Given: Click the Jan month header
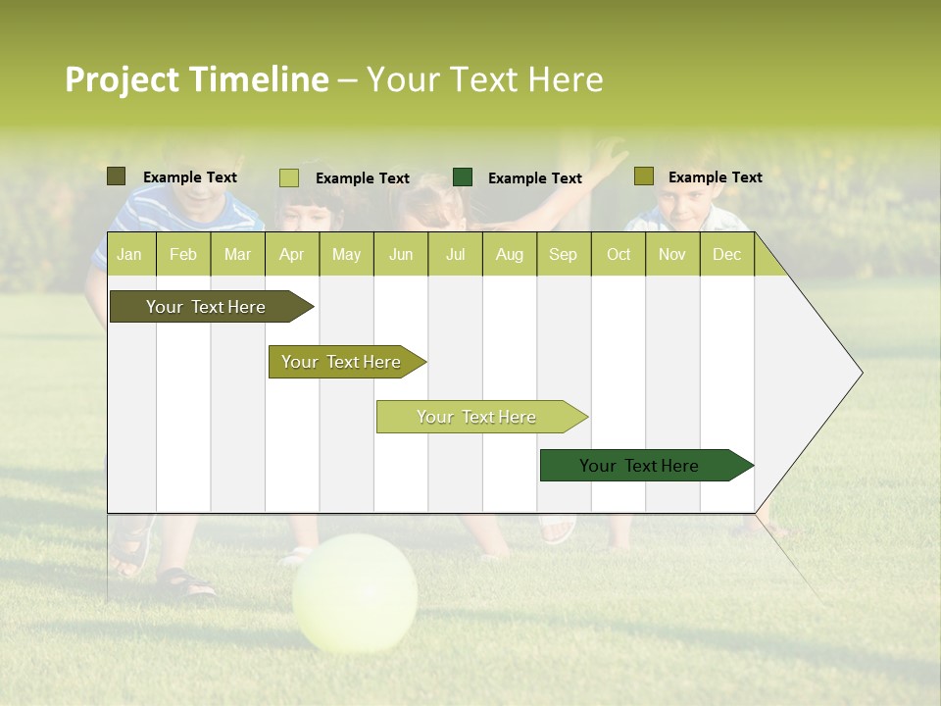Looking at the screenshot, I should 129,255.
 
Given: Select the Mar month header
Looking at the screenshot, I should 237,255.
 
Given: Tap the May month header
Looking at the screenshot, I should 346,255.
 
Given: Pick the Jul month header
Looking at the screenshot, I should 455,255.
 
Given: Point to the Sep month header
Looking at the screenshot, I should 563,255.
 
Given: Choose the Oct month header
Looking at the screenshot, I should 619,255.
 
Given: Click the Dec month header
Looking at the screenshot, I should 726,255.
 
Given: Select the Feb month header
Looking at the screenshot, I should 183,255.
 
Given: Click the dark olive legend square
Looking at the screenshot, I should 116,176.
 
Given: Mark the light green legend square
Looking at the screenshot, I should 289,177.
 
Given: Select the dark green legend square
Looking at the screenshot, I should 463,177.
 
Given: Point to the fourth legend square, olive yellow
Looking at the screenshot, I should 643,176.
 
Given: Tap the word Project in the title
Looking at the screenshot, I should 122,79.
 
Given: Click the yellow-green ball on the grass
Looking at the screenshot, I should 355,593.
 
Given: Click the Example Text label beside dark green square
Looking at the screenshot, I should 535,178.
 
